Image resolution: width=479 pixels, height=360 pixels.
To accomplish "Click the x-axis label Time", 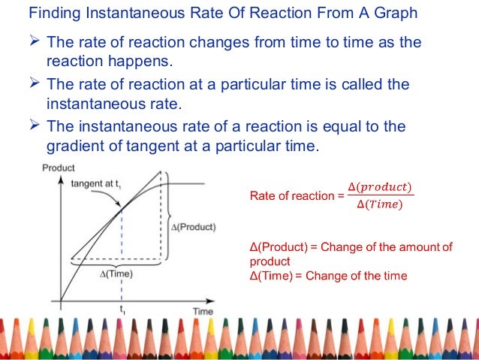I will click(202, 311).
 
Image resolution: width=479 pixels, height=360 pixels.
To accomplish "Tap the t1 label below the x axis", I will click(122, 310).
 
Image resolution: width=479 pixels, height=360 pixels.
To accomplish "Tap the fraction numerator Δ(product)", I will click(381, 187).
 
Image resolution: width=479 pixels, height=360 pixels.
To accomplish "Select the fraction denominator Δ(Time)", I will click(379, 205).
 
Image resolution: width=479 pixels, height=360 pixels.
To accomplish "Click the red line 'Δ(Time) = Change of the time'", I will click(328, 276).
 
